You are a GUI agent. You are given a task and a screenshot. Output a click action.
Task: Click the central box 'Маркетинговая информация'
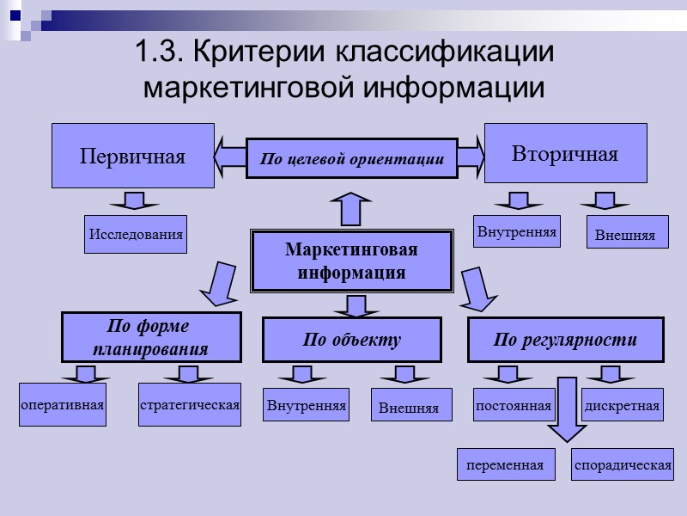351,261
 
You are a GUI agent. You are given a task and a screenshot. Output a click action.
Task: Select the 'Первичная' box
133,156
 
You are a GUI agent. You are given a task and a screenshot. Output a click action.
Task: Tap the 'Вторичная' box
565,153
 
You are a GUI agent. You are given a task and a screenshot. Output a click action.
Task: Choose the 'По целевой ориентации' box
351,159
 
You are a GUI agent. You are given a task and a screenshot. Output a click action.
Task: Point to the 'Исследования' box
135,234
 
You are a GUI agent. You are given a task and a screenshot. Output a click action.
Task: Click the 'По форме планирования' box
151,338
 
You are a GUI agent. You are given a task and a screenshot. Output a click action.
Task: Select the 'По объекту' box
351,340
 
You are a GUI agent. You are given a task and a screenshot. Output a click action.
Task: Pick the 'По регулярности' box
565,340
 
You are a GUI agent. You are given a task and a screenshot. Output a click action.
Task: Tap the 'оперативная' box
62,405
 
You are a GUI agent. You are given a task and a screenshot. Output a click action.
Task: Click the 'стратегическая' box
190,404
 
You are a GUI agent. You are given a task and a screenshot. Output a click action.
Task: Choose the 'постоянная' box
514,404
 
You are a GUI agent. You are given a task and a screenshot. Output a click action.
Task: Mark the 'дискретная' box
623,404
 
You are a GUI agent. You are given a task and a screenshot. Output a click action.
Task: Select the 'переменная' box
505,464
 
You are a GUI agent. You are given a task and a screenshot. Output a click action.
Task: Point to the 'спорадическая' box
623,464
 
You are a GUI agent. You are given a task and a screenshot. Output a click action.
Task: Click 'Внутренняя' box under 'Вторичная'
517,231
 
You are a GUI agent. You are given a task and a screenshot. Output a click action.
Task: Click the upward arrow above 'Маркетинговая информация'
351,210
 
